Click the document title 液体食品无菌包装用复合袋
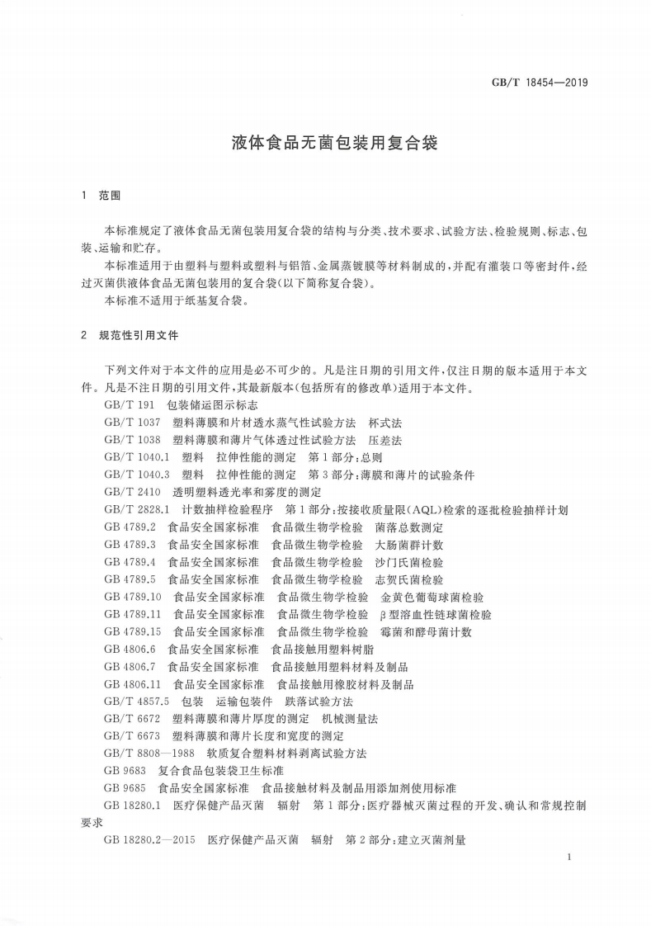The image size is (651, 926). coord(324,143)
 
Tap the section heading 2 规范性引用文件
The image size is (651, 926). coord(130,336)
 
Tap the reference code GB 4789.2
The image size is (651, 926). coord(130,527)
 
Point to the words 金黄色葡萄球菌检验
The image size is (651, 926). coord(432,597)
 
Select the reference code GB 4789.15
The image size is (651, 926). coord(133,631)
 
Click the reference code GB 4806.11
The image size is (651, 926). coord(133,684)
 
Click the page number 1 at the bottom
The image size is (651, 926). coord(570,858)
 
